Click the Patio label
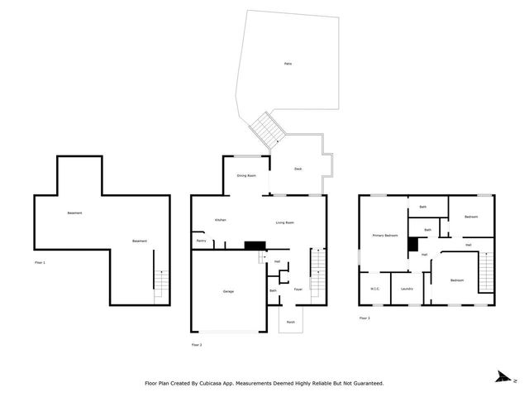click(x=287, y=64)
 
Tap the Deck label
click(x=298, y=169)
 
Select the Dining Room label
click(x=246, y=175)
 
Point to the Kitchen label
click(x=221, y=220)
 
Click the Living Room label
click(x=286, y=222)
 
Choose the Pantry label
click(x=201, y=241)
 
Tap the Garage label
click(x=227, y=291)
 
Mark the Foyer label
click(x=297, y=289)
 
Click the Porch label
click(x=291, y=322)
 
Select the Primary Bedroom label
click(x=384, y=236)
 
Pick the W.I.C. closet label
click(x=375, y=289)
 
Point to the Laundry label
click(x=406, y=289)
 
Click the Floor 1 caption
click(x=40, y=262)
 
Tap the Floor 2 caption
click(x=196, y=344)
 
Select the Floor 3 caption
click(x=365, y=318)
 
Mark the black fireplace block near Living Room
click(x=255, y=245)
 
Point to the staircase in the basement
click(x=160, y=285)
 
